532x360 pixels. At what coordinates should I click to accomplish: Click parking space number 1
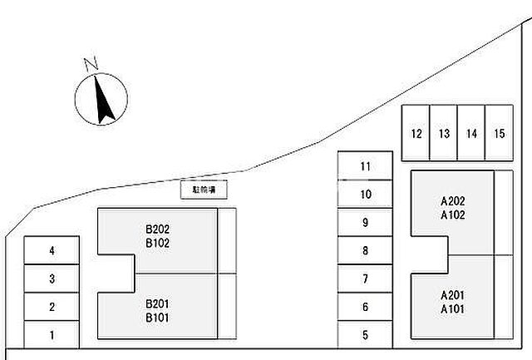coord(52,335)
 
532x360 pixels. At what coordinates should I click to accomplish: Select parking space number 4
coord(52,250)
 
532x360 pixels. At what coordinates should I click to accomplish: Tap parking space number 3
coord(52,279)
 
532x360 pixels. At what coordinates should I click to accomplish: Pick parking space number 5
coord(365,335)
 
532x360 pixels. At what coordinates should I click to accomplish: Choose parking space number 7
coord(365,279)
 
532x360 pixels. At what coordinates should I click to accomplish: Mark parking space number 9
coord(365,222)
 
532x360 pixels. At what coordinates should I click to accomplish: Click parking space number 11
coord(365,165)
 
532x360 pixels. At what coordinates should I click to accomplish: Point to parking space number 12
coord(416,133)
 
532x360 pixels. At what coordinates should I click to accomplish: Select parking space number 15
coord(499,133)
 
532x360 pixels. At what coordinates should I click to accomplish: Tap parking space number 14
coord(471,133)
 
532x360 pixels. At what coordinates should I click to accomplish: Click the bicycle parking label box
coord(204,190)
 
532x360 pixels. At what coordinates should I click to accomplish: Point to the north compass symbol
coord(102,99)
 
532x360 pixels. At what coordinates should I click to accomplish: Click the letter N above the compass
coord(91,63)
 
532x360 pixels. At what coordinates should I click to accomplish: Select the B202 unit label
coord(157,229)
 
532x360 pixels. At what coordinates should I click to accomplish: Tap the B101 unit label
coord(157,317)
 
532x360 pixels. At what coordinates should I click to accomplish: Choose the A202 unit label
coord(452,200)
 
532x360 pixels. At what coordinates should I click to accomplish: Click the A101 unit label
coord(452,308)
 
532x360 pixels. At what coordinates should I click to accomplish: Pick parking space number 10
coord(365,195)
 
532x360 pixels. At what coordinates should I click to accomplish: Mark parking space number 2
coord(52,307)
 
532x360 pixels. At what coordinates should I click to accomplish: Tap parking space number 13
coord(444,133)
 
